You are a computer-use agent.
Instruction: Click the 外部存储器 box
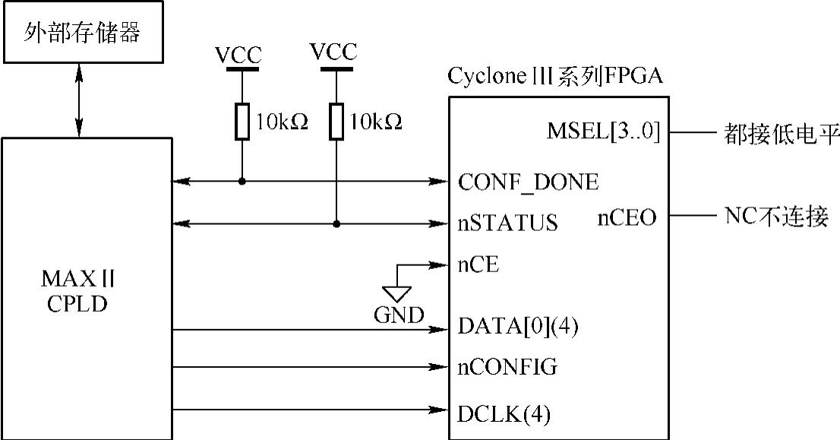(83, 32)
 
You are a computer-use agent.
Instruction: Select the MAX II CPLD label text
(77, 291)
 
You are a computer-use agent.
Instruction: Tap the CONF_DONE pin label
(528, 182)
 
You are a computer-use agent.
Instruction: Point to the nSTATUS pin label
(507, 223)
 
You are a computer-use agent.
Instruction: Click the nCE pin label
(478, 264)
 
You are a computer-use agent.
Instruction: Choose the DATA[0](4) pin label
(517, 326)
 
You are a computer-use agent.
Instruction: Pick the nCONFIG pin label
(507, 367)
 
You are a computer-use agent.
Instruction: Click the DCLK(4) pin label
(504, 414)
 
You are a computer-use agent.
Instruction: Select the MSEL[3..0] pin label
(603, 131)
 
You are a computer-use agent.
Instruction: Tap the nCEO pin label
(627, 218)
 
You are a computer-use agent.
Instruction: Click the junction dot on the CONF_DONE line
(242, 182)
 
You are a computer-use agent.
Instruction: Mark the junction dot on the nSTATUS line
(336, 223)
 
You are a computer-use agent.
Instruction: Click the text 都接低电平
(780, 133)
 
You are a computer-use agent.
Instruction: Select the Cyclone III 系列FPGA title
(555, 76)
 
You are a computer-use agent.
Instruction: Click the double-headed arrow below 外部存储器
(79, 100)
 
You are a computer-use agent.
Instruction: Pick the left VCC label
(238, 55)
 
